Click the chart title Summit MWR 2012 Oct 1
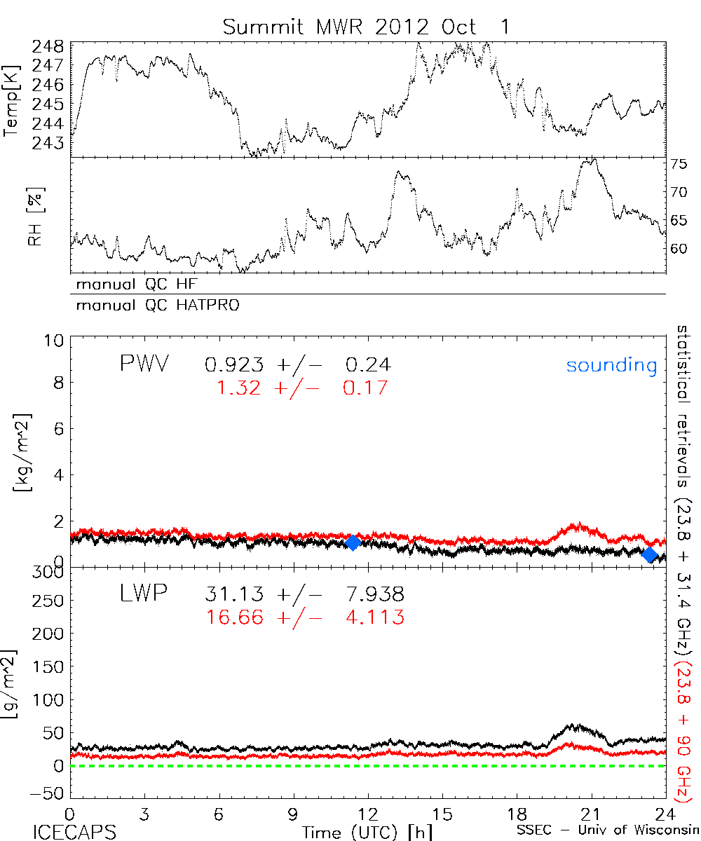[367, 27]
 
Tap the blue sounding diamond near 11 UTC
[353, 542]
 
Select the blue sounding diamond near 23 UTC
[649, 555]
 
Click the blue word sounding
[611, 365]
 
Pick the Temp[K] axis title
[12, 100]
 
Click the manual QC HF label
[141, 285]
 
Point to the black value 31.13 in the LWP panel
[234, 595]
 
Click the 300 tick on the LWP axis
[50, 572]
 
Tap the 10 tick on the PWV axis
[55, 341]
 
